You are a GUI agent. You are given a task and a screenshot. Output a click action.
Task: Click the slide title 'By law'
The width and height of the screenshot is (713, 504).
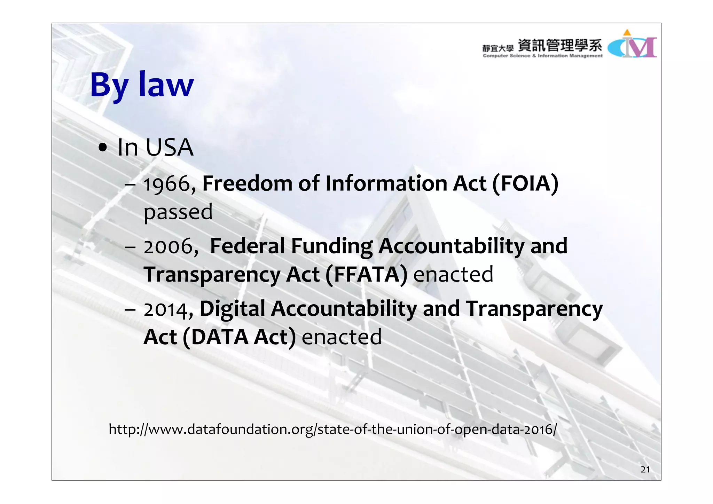pos(142,85)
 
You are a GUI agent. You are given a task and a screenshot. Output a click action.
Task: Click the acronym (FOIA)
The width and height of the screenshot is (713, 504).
pos(525,183)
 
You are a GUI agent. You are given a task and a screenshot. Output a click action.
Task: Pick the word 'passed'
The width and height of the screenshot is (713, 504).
pos(178,212)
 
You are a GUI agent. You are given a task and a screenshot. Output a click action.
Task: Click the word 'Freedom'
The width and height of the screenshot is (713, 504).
pos(247,183)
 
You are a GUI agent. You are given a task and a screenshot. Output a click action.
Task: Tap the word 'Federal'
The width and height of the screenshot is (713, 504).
pos(247,246)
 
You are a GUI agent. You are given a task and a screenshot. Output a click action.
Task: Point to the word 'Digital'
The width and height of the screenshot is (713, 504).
pos(232,309)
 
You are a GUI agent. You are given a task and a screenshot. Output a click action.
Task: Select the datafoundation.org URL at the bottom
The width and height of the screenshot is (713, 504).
pos(332,429)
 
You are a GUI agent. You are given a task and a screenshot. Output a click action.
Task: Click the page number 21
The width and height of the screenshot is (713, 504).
pos(645,470)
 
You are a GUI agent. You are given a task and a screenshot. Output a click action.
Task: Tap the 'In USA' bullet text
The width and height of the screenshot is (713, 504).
pos(155,147)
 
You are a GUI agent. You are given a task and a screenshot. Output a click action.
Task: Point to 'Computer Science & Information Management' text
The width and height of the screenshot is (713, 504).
pos(542,56)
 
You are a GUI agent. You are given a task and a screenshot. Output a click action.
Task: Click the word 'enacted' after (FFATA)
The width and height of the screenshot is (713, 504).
pos(453,274)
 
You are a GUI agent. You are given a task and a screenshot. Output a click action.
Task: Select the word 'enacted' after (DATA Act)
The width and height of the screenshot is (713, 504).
pos(342,337)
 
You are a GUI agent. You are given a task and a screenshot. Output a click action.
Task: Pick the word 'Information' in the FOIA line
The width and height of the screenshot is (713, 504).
pos(386,183)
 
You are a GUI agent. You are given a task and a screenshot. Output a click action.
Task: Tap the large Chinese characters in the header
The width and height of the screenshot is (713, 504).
pos(560,46)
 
